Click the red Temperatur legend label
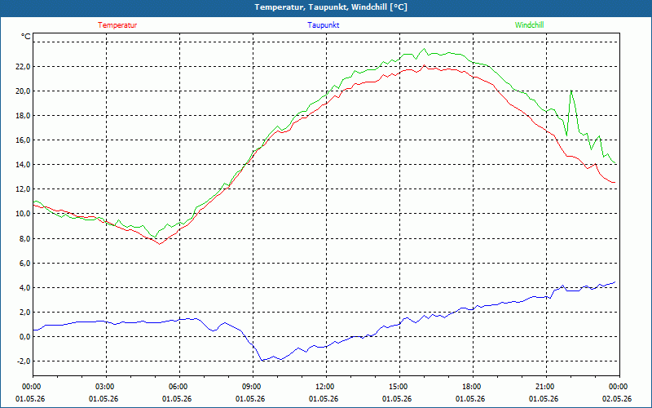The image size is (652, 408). point(117,25)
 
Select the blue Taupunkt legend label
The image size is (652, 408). point(323,25)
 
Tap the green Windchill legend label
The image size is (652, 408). point(529,25)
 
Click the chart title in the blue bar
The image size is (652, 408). point(331,7)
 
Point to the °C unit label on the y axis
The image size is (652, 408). point(26,37)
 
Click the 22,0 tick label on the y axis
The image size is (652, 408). point(23,67)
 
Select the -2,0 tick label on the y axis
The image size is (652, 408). point(23,361)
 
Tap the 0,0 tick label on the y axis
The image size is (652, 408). point(24,337)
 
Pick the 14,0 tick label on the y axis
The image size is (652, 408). point(23,165)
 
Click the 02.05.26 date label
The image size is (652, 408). point(617,399)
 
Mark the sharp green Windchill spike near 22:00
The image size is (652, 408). point(571,91)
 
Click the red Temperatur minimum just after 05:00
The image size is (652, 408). point(159,244)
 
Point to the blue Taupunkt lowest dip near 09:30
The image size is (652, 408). point(262,360)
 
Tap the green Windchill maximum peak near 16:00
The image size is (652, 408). point(425,49)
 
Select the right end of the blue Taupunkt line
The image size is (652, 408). point(615,282)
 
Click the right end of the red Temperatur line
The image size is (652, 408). point(615,182)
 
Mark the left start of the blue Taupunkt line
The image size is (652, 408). point(33,330)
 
